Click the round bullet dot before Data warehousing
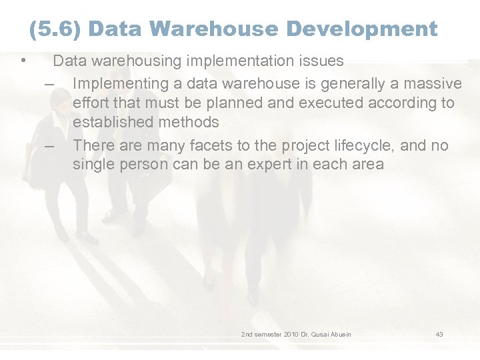point(23,61)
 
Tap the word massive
point(433,84)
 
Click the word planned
point(268,103)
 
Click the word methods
point(189,123)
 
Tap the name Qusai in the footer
point(321,334)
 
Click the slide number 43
point(439,334)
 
